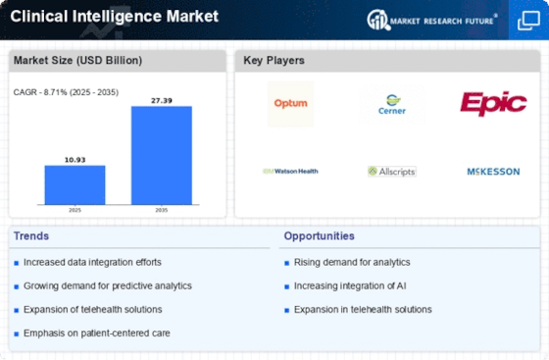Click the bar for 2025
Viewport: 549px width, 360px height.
pos(75,184)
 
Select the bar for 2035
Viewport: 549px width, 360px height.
pos(162,155)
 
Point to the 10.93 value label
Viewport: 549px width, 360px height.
pos(75,160)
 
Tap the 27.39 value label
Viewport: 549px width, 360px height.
pos(162,100)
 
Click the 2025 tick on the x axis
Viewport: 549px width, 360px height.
pos(75,210)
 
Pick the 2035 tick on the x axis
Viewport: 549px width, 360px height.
pos(162,210)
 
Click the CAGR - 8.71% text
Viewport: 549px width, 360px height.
pos(40,92)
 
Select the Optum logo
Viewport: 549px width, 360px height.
pos(290,104)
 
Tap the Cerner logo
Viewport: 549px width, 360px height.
pos(392,104)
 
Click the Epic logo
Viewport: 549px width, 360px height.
pos(493,103)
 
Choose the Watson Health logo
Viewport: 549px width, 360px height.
pos(290,172)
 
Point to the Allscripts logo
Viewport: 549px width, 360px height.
pos(392,172)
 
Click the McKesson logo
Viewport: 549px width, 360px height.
pos(493,172)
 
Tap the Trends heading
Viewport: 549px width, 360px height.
pos(31,236)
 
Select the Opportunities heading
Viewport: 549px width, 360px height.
pos(319,236)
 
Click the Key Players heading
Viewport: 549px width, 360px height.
pos(274,60)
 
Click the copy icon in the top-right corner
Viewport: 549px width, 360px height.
pos(528,21)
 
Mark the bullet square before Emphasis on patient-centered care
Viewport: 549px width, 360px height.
pos(16,334)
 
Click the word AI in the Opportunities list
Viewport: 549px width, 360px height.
pos(401,285)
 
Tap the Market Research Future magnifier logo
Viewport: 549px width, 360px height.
pos(378,20)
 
